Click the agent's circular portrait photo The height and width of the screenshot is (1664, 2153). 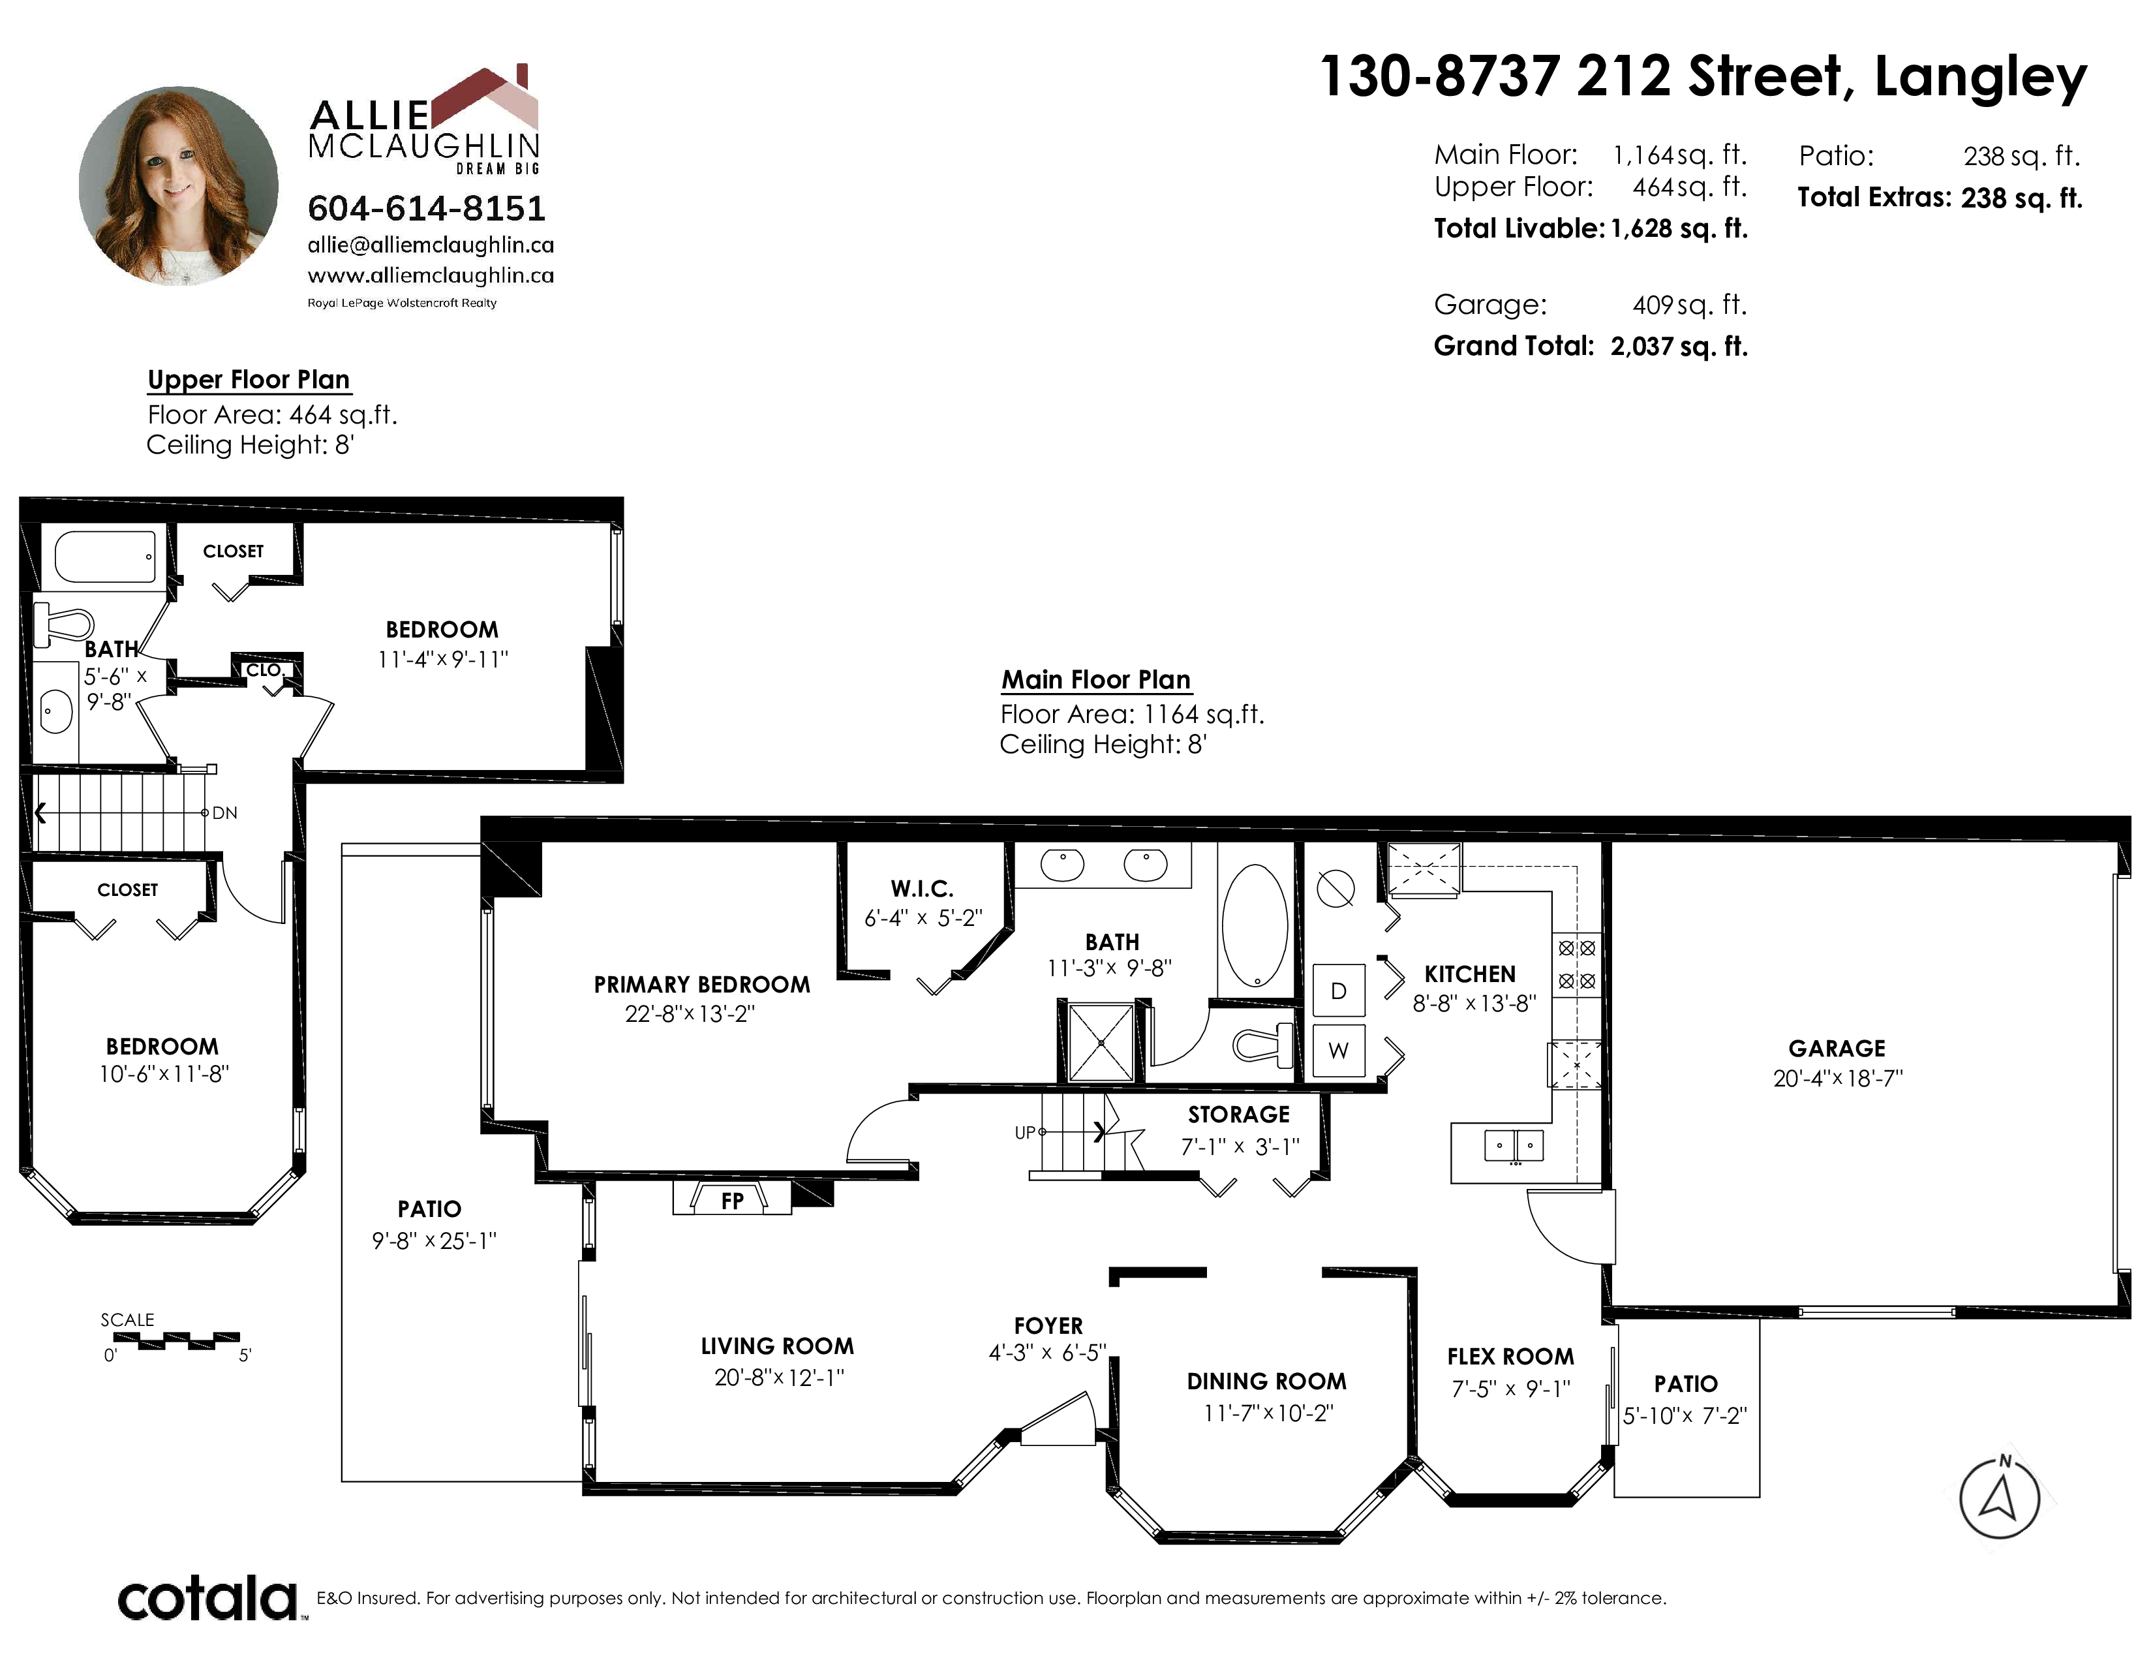(x=178, y=187)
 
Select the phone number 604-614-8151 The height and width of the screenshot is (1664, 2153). (x=427, y=208)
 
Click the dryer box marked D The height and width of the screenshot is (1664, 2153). (x=1339, y=991)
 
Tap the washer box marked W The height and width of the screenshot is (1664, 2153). (x=1339, y=1050)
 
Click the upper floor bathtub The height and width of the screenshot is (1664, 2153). (x=104, y=557)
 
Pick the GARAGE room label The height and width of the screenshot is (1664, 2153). (x=1837, y=1048)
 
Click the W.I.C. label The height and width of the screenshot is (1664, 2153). (x=922, y=888)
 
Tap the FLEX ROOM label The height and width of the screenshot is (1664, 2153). (x=1510, y=1357)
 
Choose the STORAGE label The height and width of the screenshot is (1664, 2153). (x=1238, y=1114)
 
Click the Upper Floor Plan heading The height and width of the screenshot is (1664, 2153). (x=249, y=380)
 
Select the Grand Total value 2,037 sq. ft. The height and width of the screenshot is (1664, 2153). (x=1679, y=346)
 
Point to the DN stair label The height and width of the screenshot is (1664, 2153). (x=225, y=813)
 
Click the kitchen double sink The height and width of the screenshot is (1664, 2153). (x=1514, y=1145)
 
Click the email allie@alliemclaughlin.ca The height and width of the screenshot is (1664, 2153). (x=431, y=245)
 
